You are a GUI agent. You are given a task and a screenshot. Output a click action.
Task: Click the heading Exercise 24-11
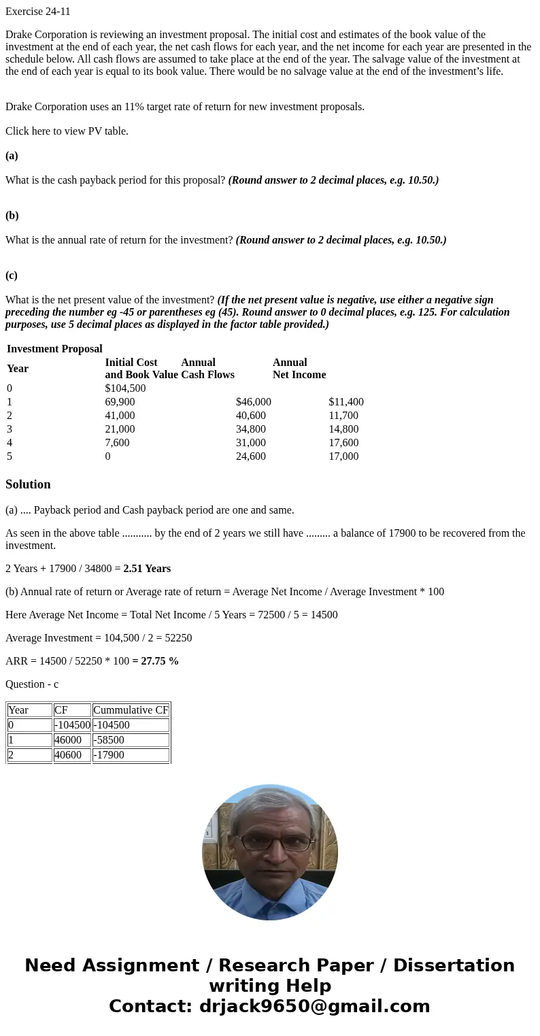click(38, 12)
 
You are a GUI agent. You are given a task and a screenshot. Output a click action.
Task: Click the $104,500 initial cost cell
click(125, 388)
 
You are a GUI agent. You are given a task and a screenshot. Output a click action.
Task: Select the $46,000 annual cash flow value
click(253, 402)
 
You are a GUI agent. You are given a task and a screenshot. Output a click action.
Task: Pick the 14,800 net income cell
click(343, 429)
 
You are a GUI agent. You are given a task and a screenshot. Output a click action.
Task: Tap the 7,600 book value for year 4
click(117, 443)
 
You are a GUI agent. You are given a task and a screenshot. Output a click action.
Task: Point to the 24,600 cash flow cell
click(250, 456)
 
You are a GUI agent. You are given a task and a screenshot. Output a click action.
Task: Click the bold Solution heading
click(28, 484)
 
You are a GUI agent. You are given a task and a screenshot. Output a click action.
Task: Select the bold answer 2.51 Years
click(147, 569)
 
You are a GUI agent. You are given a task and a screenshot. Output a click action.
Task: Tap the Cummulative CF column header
click(131, 710)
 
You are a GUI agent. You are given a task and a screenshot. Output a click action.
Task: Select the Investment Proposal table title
click(54, 349)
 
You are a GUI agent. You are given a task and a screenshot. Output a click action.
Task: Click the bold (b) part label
click(12, 216)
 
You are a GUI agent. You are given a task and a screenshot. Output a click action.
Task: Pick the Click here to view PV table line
click(67, 131)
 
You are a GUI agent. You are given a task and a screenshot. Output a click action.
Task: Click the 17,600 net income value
click(343, 443)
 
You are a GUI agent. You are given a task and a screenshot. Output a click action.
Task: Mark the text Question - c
click(32, 684)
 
